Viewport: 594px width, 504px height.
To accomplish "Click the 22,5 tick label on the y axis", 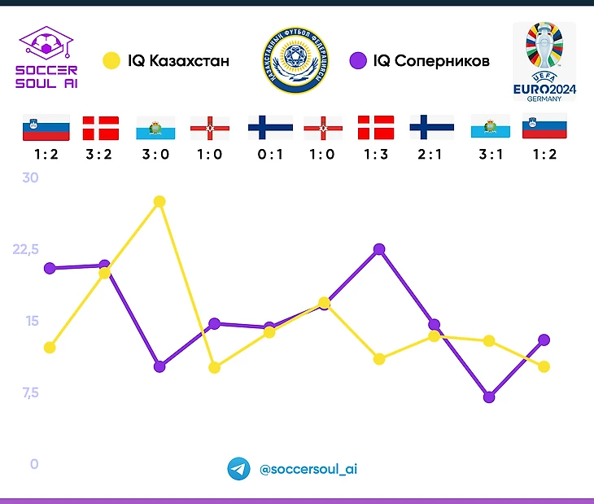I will tap(26, 249).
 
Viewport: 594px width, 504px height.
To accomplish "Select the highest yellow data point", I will tap(159, 201).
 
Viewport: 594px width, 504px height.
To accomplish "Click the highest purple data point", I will tap(379, 249).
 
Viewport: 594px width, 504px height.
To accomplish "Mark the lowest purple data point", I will tap(489, 397).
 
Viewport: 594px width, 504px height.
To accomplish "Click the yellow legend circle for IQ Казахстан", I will tap(110, 61).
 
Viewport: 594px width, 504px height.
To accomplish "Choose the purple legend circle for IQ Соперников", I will tap(356, 61).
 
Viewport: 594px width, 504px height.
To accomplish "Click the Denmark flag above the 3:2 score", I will tap(101, 129).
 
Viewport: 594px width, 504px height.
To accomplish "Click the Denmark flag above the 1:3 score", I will tap(375, 129).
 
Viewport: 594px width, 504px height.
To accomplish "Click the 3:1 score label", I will tap(489, 155).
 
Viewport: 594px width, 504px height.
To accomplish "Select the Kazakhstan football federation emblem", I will tap(295, 61).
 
